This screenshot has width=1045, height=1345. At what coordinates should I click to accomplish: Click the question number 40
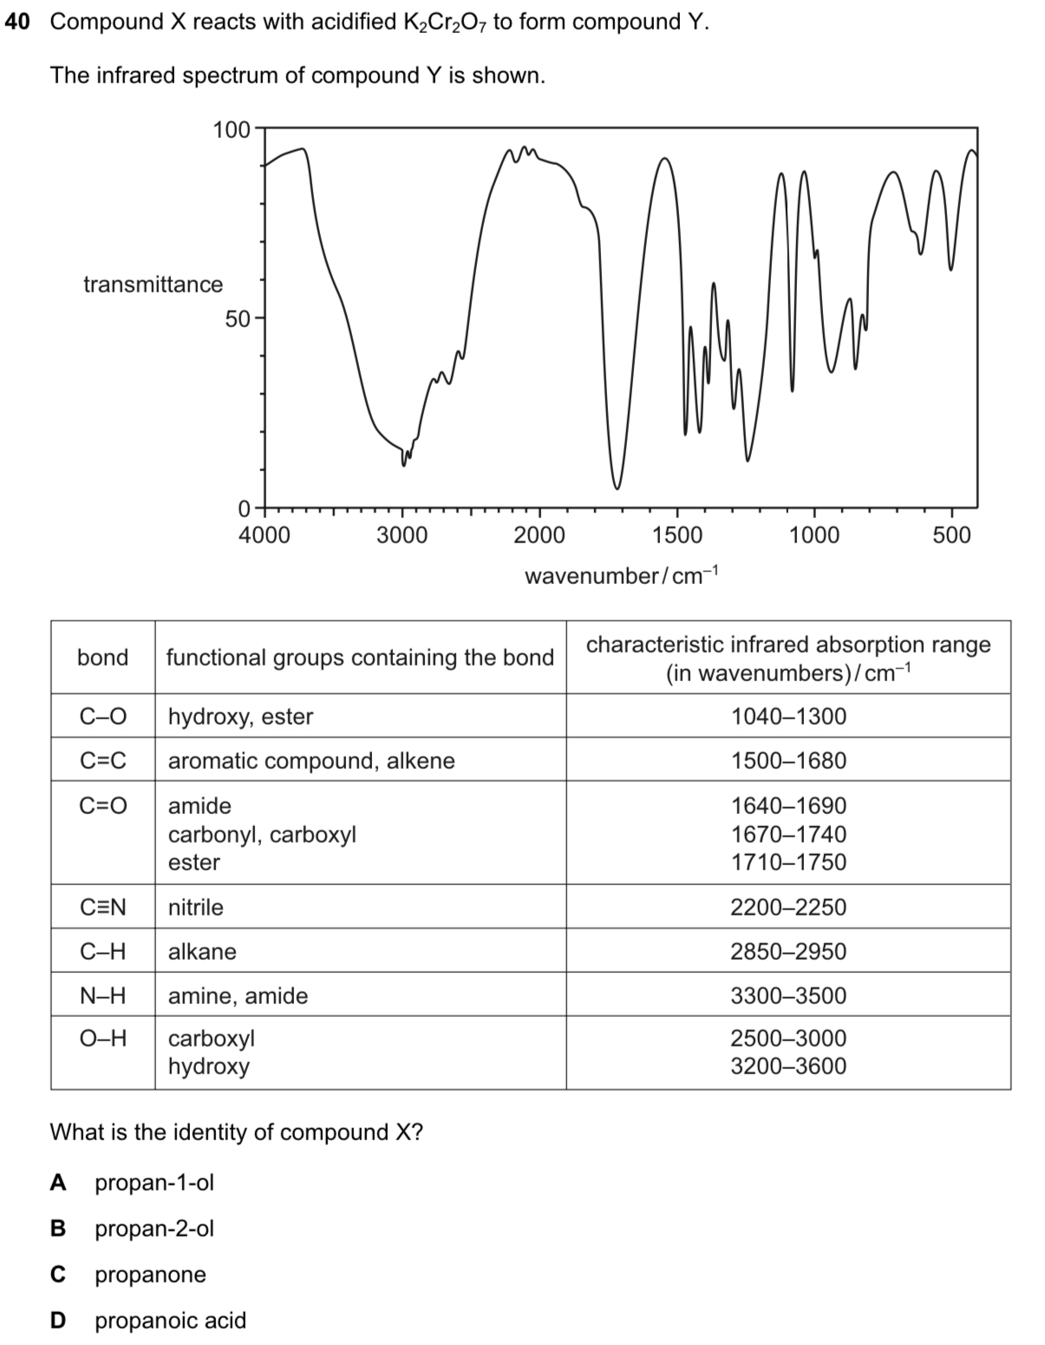click(17, 22)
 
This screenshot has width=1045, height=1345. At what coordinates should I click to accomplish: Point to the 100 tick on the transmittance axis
click(231, 130)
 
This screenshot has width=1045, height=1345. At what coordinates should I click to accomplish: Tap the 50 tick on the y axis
click(237, 319)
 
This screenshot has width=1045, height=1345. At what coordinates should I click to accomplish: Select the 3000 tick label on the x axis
click(402, 535)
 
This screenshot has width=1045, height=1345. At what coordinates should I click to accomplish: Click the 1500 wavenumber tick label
click(676, 535)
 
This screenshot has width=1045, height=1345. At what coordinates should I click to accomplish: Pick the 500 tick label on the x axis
click(951, 535)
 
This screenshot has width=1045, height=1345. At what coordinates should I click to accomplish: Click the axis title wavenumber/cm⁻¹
click(622, 576)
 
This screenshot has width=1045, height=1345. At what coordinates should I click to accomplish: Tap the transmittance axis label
click(153, 285)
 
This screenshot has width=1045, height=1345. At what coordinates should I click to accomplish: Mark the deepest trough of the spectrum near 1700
click(617, 487)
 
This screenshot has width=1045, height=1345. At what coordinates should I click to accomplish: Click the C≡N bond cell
click(103, 908)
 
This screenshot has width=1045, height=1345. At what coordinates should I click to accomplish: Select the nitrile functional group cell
click(196, 908)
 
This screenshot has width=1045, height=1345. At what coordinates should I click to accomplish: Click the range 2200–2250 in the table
click(788, 908)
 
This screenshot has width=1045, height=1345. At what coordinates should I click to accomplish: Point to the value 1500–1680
click(788, 761)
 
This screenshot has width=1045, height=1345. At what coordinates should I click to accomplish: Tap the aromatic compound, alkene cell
click(311, 761)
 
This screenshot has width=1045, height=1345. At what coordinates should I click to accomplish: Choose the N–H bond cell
click(103, 996)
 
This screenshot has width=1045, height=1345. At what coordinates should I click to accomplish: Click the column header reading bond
click(103, 658)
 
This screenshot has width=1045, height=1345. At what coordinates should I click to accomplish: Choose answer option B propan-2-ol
click(153, 1229)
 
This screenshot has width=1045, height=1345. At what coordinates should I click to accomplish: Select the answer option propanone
click(150, 1275)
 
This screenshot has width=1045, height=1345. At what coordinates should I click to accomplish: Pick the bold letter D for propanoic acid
click(58, 1321)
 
